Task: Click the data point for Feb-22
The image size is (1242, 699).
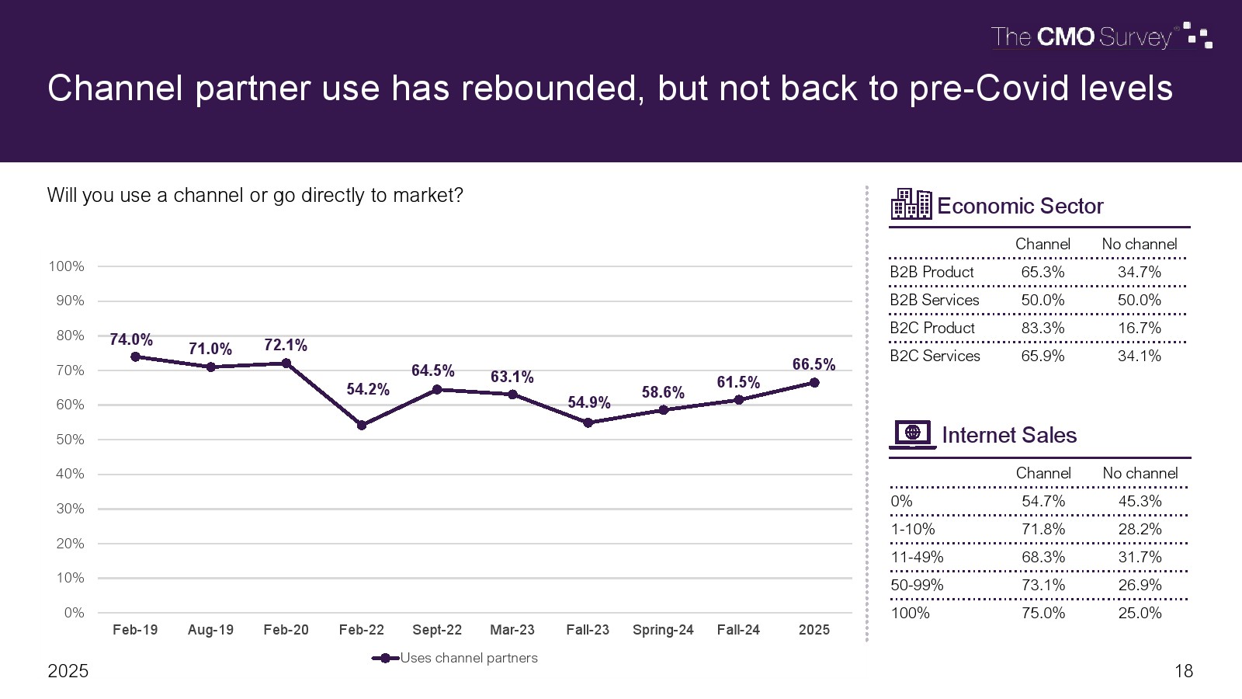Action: (362, 425)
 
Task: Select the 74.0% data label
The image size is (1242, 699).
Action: (131, 339)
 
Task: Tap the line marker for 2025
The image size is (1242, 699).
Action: (814, 382)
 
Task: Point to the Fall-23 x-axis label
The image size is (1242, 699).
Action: (588, 630)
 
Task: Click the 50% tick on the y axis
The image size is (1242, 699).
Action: (70, 440)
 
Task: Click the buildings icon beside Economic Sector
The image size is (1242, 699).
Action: (911, 204)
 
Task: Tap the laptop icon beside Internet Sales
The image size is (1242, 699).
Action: (912, 434)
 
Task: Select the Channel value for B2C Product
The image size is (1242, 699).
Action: (1043, 328)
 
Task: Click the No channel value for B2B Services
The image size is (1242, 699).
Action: (1140, 300)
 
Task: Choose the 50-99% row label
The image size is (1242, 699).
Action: (917, 585)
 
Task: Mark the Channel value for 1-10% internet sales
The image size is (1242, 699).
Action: (1043, 529)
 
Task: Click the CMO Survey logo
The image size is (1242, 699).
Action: (1101, 37)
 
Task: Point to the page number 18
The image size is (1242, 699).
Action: (1184, 671)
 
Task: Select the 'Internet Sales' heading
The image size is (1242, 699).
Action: (1009, 435)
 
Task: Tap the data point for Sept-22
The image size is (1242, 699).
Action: (437, 389)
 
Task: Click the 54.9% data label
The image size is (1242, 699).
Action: (589, 402)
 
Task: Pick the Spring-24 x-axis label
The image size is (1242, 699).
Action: (663, 630)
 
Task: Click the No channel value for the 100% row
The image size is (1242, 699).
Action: (1140, 613)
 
